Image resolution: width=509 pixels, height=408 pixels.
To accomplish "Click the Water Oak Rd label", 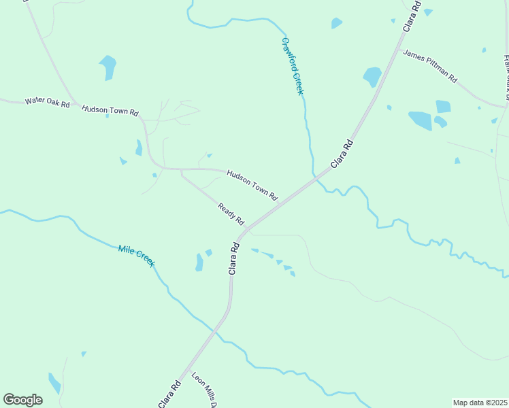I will [x=47, y=102].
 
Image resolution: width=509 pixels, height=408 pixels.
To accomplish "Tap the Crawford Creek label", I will [x=292, y=65].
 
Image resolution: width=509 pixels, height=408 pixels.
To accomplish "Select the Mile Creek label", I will [x=136, y=255].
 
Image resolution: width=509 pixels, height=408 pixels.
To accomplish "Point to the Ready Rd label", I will [x=231, y=214].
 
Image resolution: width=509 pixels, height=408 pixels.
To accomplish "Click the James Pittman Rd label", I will [x=429, y=65].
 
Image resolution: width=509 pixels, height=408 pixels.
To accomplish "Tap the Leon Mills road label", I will [x=203, y=390].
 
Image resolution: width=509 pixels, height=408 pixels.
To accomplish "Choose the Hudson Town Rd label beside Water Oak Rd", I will [x=110, y=109].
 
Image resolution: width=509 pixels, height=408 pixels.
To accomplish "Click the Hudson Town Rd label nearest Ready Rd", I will [x=252, y=185].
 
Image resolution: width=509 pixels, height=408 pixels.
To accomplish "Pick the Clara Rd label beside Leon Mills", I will [x=169, y=394].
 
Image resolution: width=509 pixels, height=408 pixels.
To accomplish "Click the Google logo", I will [x=22, y=400].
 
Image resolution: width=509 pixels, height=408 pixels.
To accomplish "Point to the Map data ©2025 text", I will [x=480, y=403].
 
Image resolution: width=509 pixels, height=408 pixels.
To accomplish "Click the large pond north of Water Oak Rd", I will [x=108, y=67].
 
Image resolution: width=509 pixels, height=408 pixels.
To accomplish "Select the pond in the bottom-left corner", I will [x=54, y=384].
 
